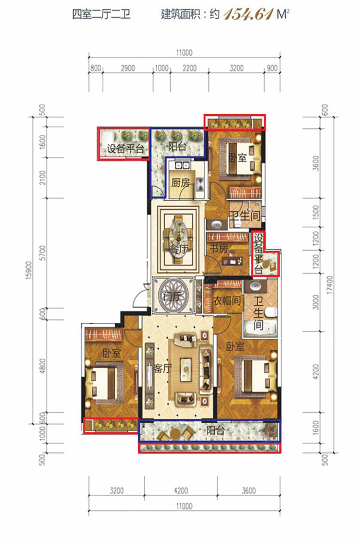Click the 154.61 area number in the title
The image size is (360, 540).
click(248, 14)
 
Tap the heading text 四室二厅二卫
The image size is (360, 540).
click(102, 14)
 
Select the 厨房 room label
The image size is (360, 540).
click(180, 183)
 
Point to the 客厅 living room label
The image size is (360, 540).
click(163, 368)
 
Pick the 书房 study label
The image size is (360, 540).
click(219, 249)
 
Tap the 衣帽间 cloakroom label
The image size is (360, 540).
click(227, 300)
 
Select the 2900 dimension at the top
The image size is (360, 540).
click(128, 68)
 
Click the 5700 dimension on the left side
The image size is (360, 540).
click(42, 253)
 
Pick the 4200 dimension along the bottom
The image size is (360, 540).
click(181, 490)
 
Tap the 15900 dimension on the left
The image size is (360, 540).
click(28, 270)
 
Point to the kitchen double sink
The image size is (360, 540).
click(182, 166)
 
